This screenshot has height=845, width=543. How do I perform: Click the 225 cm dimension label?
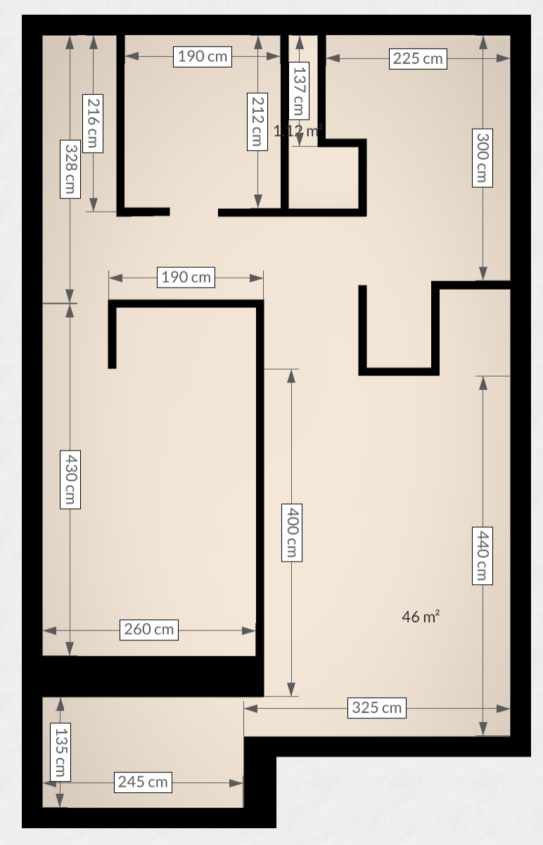(418, 58)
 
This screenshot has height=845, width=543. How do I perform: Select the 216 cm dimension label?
(93, 124)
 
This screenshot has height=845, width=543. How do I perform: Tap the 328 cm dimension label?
(70, 169)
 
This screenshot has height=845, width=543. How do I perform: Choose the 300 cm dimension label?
(482, 157)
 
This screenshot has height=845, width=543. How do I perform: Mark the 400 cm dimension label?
(291, 531)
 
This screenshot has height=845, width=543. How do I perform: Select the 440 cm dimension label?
(482, 555)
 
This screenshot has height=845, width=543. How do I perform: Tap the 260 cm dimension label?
(148, 629)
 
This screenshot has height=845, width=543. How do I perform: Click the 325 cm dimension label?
(377, 708)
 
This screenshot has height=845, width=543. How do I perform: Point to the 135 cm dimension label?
(60, 752)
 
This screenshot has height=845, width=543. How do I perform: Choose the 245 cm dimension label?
(143, 781)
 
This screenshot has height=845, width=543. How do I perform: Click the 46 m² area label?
(421, 617)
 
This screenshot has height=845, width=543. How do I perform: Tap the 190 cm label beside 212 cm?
(202, 56)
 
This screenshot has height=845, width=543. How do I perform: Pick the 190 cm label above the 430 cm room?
(186, 277)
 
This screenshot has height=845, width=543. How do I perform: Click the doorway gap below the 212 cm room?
(193, 212)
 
